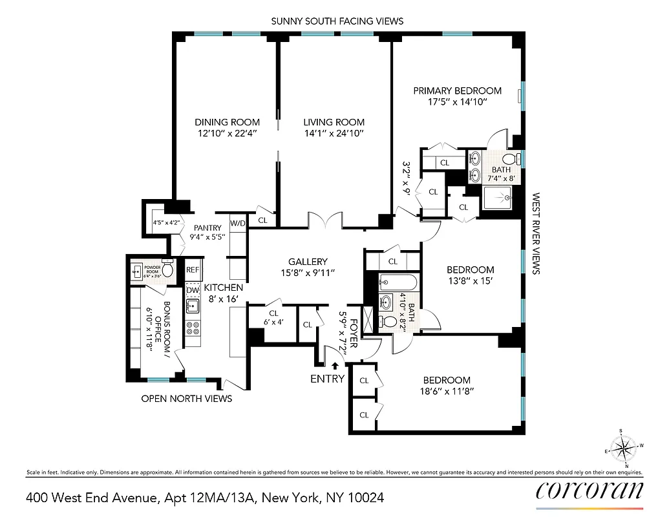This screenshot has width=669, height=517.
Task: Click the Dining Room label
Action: click(x=228, y=122)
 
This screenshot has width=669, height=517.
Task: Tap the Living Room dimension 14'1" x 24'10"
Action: click(x=334, y=134)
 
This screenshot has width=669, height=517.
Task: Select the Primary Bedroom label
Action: click(x=458, y=90)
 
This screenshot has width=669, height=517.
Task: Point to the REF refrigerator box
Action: click(x=193, y=269)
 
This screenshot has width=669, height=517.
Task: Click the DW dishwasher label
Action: click(x=193, y=290)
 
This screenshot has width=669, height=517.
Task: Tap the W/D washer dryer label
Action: click(x=238, y=224)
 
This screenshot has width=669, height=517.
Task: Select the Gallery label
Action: click(x=308, y=262)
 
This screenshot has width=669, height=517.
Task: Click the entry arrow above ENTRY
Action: click(x=334, y=365)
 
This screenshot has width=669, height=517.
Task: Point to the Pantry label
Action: click(x=207, y=227)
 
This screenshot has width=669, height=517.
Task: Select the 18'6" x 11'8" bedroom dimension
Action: click(x=447, y=392)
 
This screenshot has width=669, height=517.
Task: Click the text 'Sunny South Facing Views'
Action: click(x=337, y=21)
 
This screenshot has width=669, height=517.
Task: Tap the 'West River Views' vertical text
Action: click(x=535, y=233)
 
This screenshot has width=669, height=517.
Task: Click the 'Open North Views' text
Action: click(x=186, y=399)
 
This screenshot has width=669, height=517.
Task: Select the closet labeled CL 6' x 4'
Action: click(x=273, y=317)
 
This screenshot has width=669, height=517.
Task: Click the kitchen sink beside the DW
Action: click(x=192, y=307)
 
